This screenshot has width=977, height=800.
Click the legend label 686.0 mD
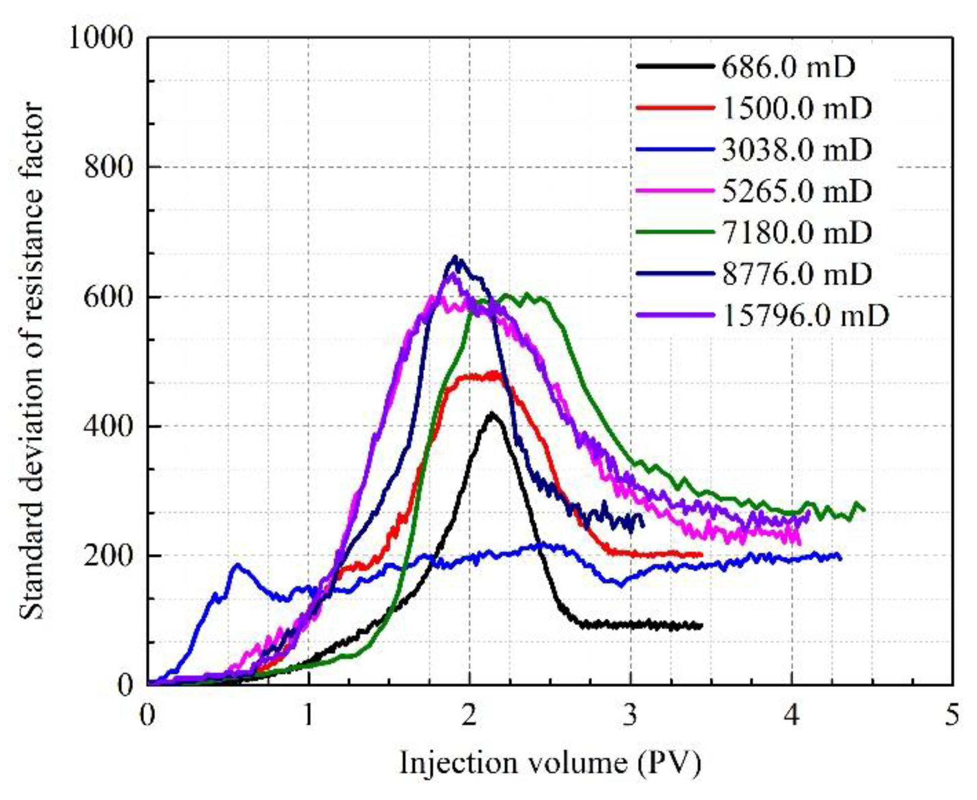[x=788, y=67]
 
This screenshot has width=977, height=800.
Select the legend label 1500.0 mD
[x=797, y=108]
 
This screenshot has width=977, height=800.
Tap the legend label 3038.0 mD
[x=797, y=149]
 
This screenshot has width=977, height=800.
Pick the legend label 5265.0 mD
[x=797, y=191]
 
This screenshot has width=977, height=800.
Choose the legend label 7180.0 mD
[x=797, y=232]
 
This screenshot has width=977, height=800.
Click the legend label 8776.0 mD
[x=797, y=274]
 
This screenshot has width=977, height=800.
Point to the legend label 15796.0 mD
[x=805, y=316]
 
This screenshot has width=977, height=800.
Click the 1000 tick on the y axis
[x=101, y=37]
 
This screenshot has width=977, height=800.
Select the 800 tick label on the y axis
[x=108, y=167]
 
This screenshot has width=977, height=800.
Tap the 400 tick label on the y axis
[x=108, y=426]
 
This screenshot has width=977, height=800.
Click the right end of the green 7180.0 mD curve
[x=864, y=510]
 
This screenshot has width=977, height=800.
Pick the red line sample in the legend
[x=675, y=108]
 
